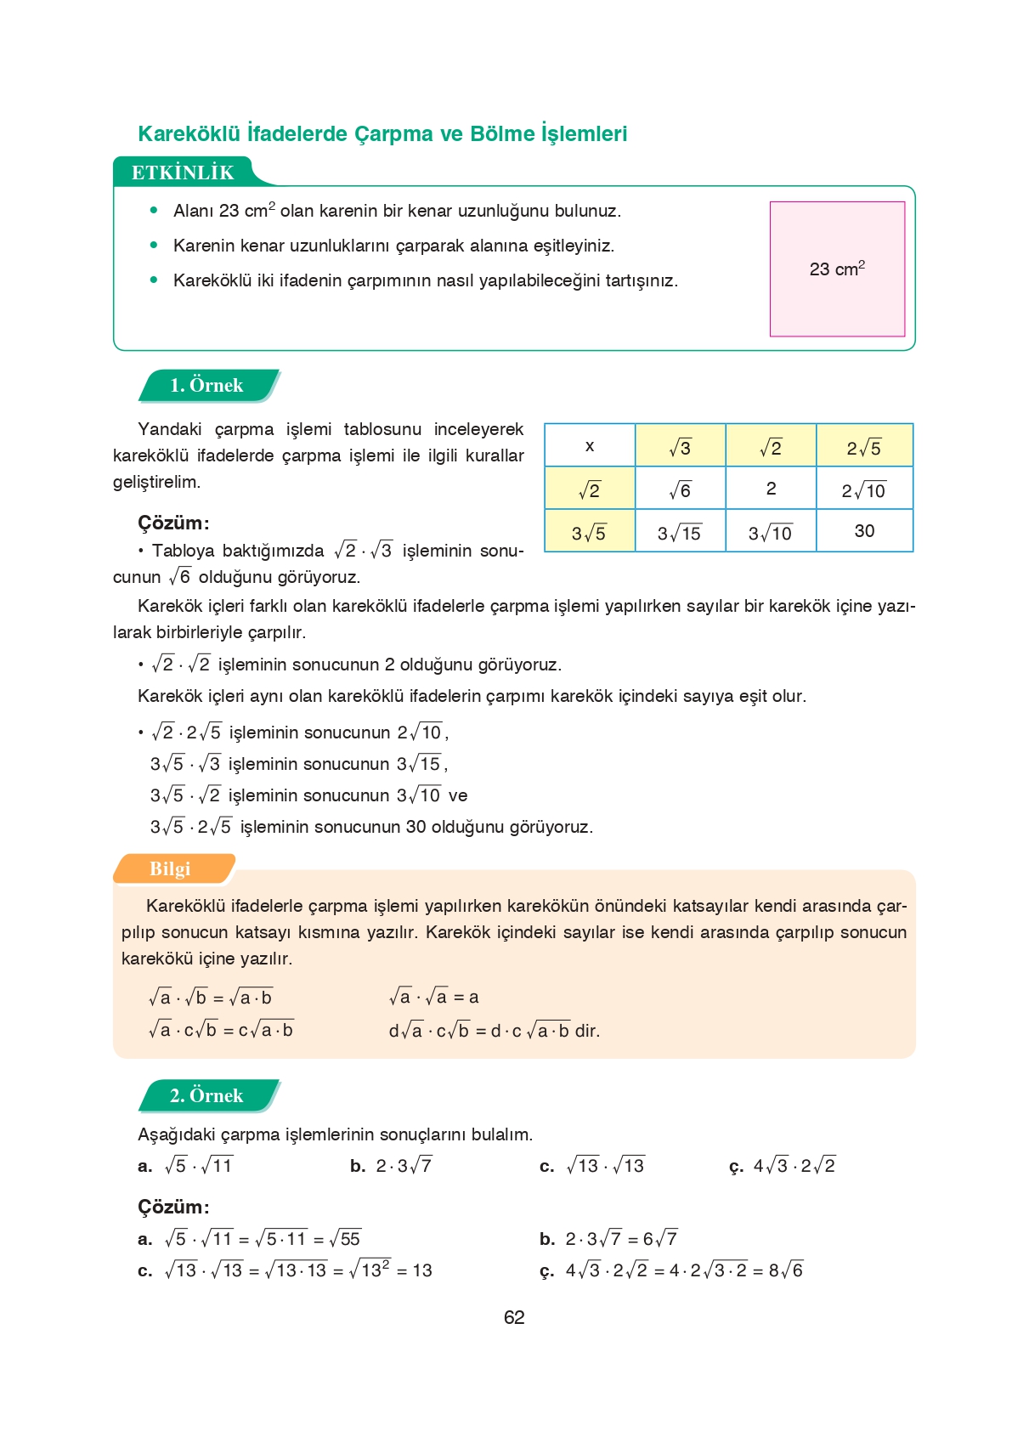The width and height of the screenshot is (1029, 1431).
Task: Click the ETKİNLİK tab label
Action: [x=182, y=173]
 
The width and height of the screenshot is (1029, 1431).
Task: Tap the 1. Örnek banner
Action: [x=206, y=385]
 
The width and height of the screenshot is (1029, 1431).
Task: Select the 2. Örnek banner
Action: [x=206, y=1095]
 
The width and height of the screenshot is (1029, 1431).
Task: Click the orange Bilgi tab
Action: [x=170, y=868]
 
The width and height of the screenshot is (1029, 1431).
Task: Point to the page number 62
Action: [x=514, y=1317]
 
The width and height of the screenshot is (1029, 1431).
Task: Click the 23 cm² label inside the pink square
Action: [x=837, y=269]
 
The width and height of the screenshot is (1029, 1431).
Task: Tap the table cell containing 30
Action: [x=864, y=531]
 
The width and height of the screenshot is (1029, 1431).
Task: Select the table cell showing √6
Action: [x=680, y=489]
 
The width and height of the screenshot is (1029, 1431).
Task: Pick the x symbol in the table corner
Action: [x=590, y=446]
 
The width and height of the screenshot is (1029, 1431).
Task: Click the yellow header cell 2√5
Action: [x=864, y=447]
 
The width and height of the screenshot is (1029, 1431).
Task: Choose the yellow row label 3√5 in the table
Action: [x=589, y=533]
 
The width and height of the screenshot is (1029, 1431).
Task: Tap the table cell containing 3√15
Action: [x=680, y=533]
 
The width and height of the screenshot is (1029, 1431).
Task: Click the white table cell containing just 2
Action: [x=771, y=489]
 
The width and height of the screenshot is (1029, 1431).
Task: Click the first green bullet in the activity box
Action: [x=154, y=210]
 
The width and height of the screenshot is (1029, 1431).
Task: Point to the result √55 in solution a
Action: [x=346, y=1238]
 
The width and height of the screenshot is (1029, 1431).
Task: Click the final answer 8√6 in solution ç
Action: [x=786, y=1270]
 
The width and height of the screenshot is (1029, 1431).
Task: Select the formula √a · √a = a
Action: [x=434, y=997]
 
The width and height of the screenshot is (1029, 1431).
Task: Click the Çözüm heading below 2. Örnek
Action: [x=173, y=1207]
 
